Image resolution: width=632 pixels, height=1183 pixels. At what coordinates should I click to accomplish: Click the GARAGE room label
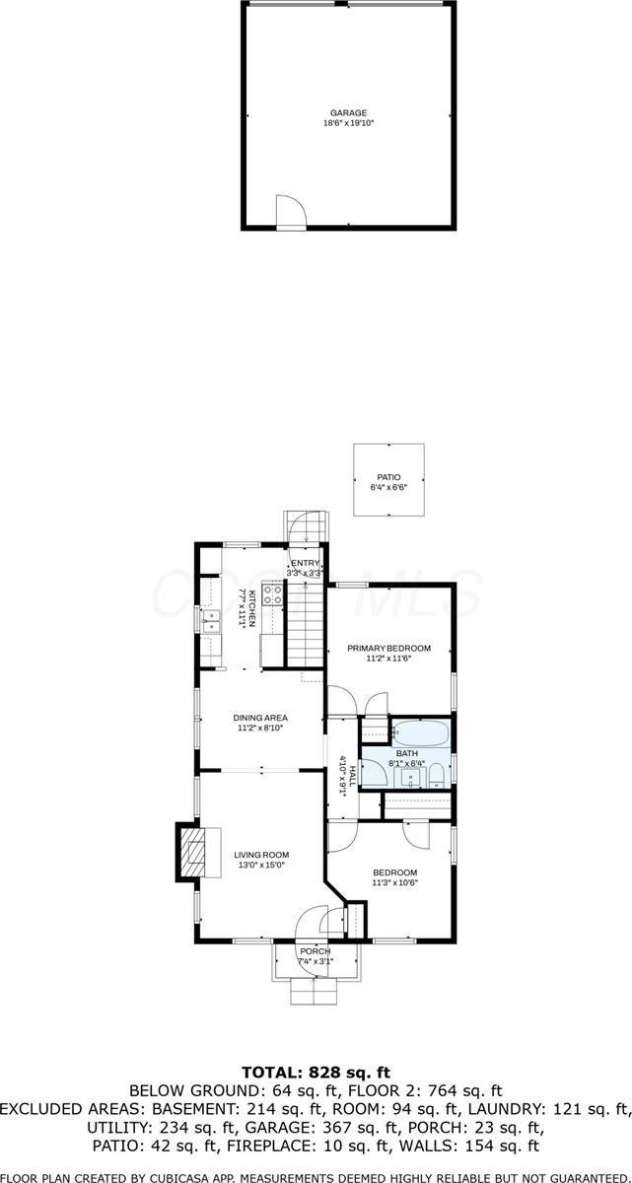(349, 113)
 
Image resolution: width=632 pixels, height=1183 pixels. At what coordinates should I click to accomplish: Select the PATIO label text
(387, 477)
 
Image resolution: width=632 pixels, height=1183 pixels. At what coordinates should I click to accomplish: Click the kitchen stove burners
(272, 594)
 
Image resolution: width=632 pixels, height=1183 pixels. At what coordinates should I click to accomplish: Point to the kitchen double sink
(210, 620)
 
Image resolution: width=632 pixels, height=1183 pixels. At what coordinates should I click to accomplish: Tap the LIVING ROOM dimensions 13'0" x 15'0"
(261, 866)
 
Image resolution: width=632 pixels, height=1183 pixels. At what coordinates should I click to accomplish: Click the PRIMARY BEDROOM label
(388, 648)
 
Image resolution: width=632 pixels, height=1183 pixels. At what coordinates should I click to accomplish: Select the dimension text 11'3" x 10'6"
(394, 882)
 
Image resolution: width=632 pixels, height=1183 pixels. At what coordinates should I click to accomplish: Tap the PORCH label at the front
(316, 951)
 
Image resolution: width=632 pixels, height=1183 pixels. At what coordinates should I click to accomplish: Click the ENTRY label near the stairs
(305, 563)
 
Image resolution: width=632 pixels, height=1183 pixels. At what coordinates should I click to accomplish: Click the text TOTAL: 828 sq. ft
(316, 1072)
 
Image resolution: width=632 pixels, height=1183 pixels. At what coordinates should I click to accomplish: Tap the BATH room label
(407, 754)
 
